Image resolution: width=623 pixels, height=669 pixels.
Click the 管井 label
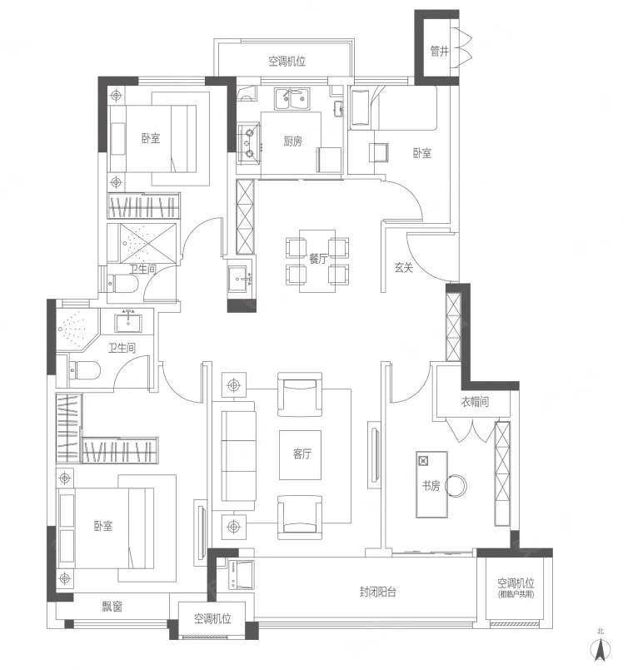pyautogui.click(x=439, y=52)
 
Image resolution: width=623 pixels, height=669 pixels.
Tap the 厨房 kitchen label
pyautogui.click(x=292, y=141)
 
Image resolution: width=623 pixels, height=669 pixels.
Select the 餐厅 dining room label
pyautogui.click(x=318, y=258)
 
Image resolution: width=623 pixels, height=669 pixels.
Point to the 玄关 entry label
pyautogui.click(x=403, y=267)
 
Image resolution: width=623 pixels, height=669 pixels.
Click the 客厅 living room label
pyautogui.click(x=302, y=453)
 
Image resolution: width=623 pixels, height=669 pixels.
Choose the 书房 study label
pyautogui.click(x=431, y=486)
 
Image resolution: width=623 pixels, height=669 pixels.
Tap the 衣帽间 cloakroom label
pyautogui.click(x=475, y=402)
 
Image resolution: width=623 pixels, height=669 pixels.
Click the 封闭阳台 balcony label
pyautogui.click(x=377, y=592)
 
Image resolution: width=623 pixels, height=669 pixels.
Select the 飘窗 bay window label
pyautogui.click(x=112, y=606)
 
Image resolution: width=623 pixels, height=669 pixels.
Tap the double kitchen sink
pyautogui.click(x=292, y=99)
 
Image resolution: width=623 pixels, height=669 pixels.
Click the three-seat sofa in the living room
pyautogui.click(x=239, y=457)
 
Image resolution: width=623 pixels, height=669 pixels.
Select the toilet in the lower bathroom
pyautogui.click(x=84, y=370)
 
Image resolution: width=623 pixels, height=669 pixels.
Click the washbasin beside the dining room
pyautogui.click(x=241, y=278)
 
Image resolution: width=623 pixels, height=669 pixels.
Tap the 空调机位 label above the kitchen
pyautogui.click(x=287, y=61)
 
